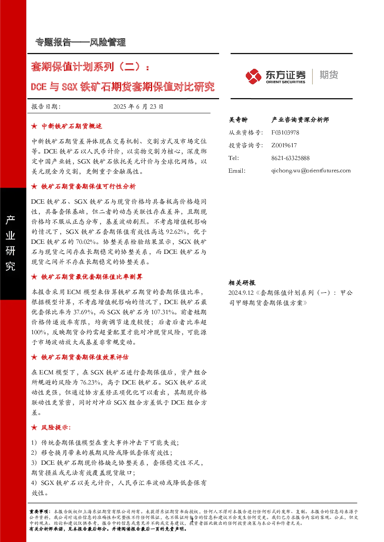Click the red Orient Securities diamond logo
click(x=253, y=76)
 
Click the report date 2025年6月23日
click(x=138, y=107)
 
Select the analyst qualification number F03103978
click(x=285, y=133)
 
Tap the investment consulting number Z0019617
click(x=284, y=145)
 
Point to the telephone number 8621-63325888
click(x=290, y=158)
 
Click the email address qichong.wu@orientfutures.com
click(x=311, y=171)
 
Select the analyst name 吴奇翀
click(x=238, y=120)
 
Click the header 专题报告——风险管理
click(x=81, y=42)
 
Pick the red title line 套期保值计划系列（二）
click(x=90, y=66)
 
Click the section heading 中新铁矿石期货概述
click(x=72, y=126)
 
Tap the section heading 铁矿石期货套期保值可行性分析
click(x=89, y=187)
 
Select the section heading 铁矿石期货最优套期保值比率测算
click(x=92, y=277)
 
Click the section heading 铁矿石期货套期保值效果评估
click(x=85, y=357)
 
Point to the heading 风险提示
click(x=56, y=428)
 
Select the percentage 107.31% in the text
click(x=163, y=312)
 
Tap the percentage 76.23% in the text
click(x=90, y=382)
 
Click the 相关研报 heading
click(x=242, y=283)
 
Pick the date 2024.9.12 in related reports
click(x=241, y=293)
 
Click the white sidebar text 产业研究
click(x=10, y=243)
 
